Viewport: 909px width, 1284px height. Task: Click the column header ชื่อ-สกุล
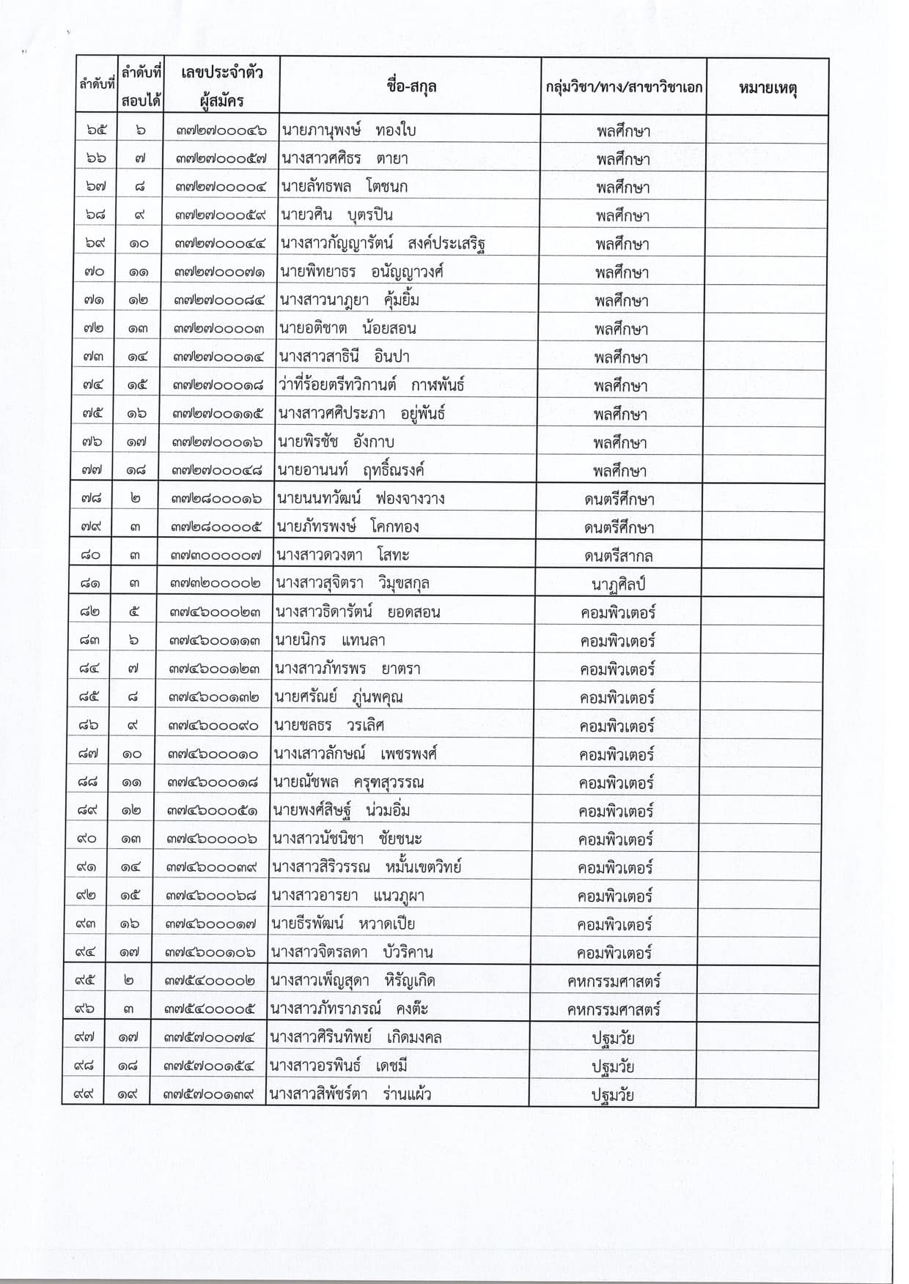(411, 86)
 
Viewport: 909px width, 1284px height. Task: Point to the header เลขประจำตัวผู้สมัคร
(221, 86)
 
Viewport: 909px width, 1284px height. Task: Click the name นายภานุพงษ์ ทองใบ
(348, 130)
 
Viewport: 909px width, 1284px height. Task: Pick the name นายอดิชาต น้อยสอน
(347, 328)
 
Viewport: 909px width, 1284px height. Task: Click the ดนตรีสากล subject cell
(619, 556)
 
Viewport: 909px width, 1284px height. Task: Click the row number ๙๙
(87, 1094)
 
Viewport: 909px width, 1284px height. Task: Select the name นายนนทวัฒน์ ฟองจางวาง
(361, 499)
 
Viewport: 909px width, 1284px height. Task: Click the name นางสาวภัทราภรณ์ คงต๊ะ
(349, 1009)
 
